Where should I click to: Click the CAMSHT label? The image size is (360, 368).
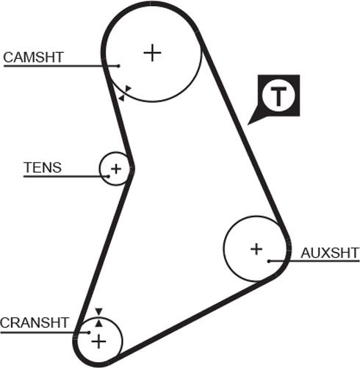(34, 57)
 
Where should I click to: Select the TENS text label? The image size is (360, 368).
(43, 167)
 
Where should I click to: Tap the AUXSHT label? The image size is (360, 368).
(330, 253)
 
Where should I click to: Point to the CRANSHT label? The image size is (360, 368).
(35, 322)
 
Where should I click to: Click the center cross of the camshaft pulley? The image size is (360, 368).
(151, 52)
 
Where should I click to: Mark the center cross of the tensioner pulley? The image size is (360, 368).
(115, 170)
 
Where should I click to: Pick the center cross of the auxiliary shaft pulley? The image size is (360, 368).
(256, 249)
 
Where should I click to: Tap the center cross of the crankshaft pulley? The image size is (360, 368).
(98, 342)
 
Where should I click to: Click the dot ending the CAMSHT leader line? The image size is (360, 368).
(118, 65)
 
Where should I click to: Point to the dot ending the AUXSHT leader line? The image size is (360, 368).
(270, 261)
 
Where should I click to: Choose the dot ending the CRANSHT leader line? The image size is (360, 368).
(79, 332)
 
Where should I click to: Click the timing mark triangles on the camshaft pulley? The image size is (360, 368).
(125, 92)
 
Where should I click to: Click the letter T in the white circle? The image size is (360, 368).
(278, 96)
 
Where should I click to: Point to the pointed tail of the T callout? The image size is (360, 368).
(251, 123)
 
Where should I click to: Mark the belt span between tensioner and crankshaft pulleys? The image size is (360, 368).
(103, 250)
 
